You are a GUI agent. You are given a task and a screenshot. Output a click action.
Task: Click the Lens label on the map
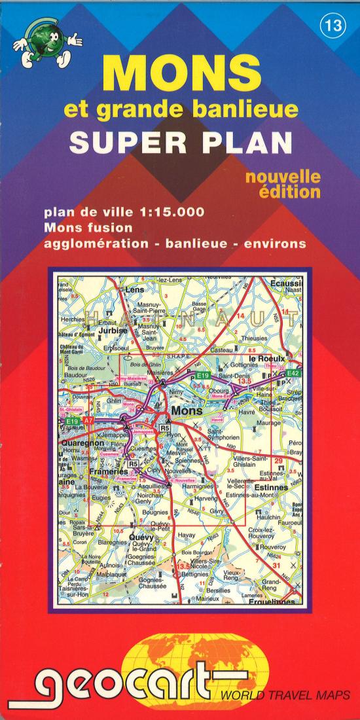pos(134,289)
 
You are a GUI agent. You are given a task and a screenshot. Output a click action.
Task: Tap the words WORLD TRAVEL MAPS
pos(285,695)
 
